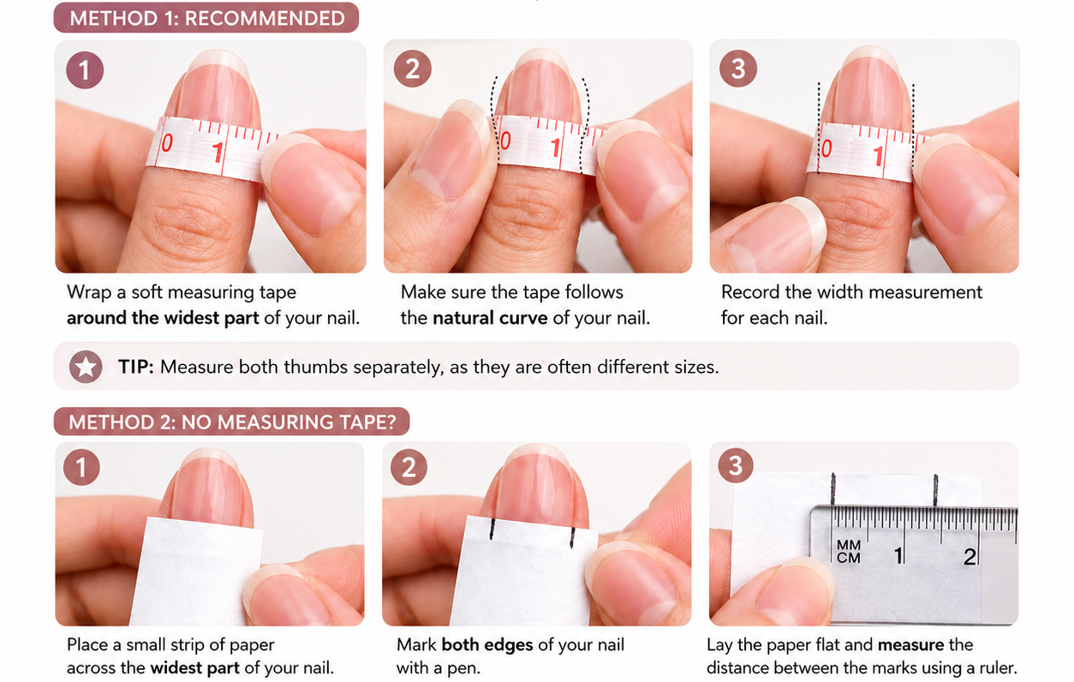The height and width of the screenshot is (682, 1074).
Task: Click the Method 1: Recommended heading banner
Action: (x=206, y=18)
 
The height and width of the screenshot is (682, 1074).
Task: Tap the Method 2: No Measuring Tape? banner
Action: (x=231, y=422)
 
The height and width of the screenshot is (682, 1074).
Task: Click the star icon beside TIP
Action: (x=86, y=367)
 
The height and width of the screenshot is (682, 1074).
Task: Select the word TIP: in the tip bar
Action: (x=136, y=367)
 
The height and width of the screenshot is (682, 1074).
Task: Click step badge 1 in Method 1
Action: (x=85, y=70)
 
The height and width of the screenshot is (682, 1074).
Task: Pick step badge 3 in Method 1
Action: (x=738, y=68)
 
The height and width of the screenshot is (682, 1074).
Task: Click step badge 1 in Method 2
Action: (x=81, y=467)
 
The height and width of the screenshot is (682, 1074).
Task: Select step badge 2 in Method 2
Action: (x=409, y=467)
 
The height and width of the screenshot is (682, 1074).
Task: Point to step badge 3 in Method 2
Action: (x=736, y=465)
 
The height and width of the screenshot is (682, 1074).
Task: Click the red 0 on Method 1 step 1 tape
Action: (x=167, y=143)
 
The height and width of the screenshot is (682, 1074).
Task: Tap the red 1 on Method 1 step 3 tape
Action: (x=879, y=156)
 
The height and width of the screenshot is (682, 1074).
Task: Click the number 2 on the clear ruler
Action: (x=970, y=556)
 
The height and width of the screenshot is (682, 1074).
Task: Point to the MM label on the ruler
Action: (x=849, y=545)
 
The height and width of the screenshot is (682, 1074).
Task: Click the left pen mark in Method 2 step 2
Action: (x=492, y=529)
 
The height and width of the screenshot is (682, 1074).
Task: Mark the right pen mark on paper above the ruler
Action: (x=935, y=490)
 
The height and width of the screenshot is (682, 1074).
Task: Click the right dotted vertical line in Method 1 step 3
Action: (x=913, y=128)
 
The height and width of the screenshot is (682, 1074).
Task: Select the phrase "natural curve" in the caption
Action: (x=490, y=318)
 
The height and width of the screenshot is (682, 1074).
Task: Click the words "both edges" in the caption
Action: (x=487, y=644)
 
